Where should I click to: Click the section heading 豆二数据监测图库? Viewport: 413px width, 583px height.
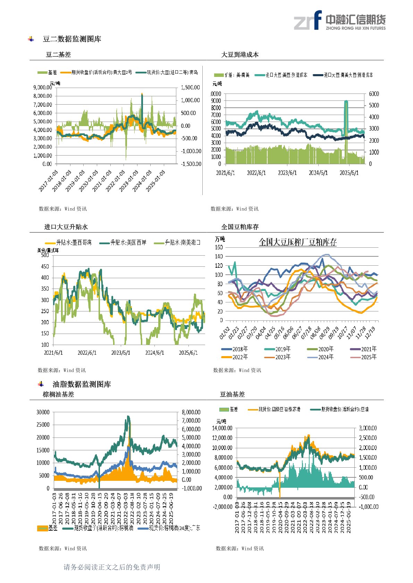72,39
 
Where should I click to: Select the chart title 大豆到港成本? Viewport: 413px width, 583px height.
240,55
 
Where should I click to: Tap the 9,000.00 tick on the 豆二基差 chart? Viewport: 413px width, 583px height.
43,88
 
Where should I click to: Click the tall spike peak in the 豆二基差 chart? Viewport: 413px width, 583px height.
142,94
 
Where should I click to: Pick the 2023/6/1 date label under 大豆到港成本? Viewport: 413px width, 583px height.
287,173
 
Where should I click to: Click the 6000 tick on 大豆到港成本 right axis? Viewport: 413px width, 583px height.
374,94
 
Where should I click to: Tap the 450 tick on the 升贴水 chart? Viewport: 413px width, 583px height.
45,266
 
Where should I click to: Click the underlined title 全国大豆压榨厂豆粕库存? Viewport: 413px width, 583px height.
298,242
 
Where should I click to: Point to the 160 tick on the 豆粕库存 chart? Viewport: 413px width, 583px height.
219,247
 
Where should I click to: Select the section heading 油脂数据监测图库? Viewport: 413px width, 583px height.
82,384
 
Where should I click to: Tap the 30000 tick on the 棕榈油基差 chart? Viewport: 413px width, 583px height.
43,412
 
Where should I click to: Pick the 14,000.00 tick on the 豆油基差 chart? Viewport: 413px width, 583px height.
222,428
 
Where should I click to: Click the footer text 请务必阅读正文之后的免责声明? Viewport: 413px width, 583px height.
112,567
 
